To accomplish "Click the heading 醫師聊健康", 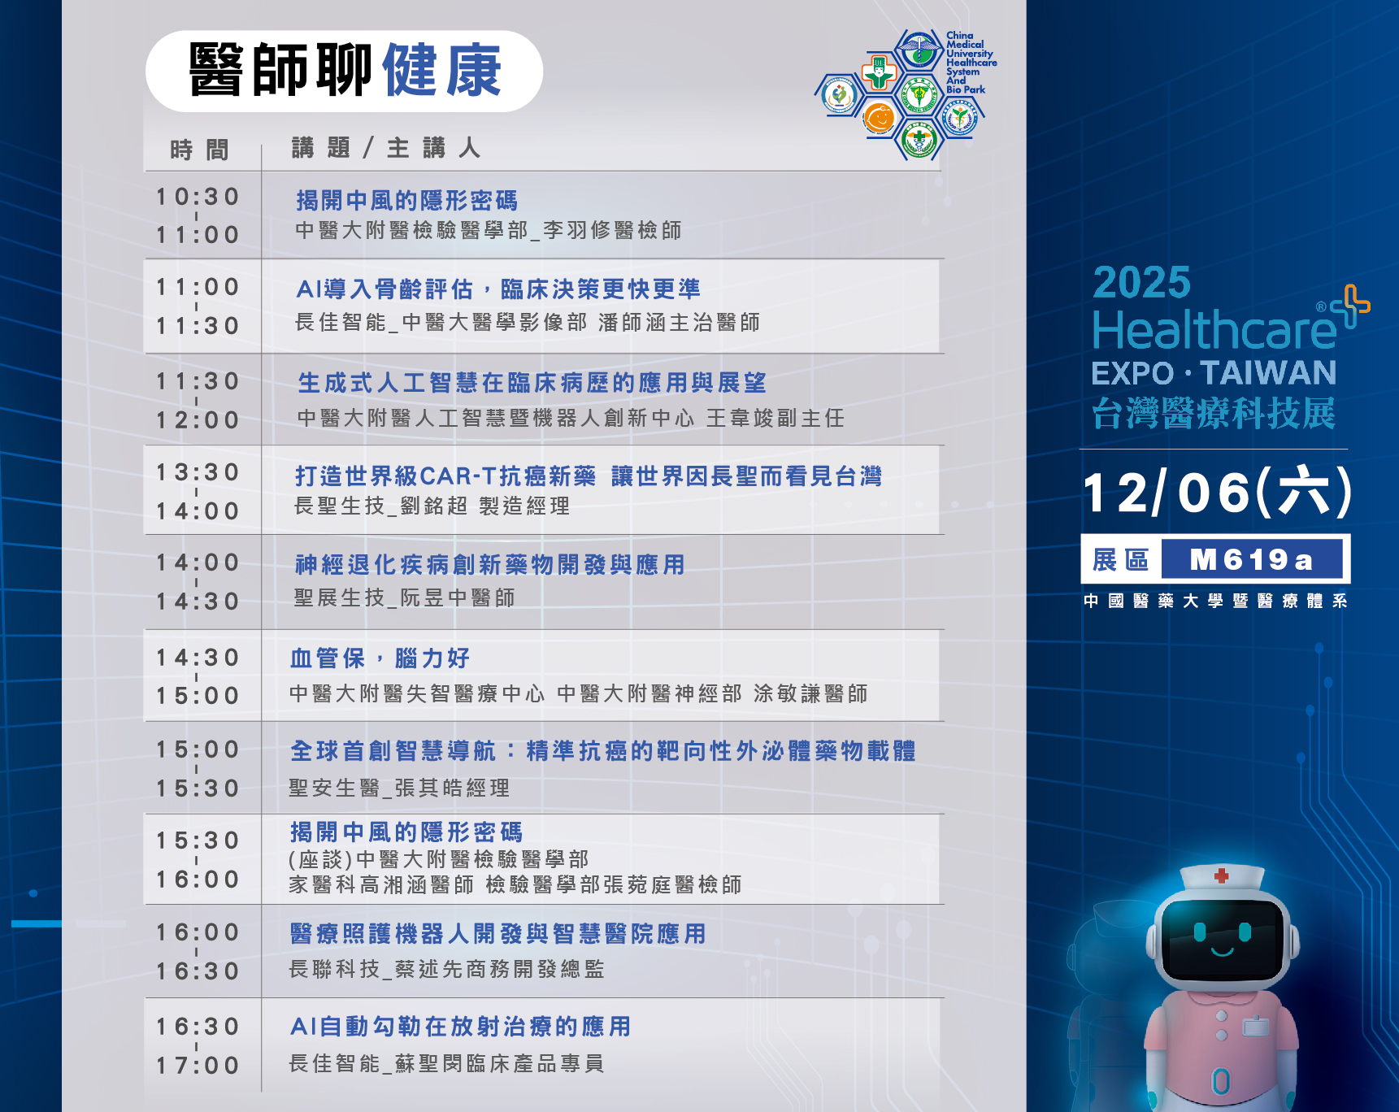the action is click(x=345, y=71).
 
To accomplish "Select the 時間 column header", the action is click(x=199, y=150).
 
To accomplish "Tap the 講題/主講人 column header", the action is click(x=386, y=147).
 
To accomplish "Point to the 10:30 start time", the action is click(x=198, y=197).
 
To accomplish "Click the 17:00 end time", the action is click(x=198, y=1066).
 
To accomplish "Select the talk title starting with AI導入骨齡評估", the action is click(x=498, y=289).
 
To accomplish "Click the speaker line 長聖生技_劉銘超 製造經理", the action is click(x=432, y=506).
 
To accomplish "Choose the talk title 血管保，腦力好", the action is click(x=380, y=658).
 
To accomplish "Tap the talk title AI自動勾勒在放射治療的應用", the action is click(x=460, y=1027).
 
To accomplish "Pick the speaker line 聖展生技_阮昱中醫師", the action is click(x=404, y=597).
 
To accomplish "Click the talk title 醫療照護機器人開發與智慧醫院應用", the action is click(x=497, y=934).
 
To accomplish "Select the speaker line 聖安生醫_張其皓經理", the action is click(x=399, y=788).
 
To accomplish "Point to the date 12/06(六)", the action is click(x=1217, y=492).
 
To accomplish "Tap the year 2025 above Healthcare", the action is click(x=1141, y=283).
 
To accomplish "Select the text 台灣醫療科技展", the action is click(x=1213, y=413).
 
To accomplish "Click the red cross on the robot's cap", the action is click(x=1221, y=875).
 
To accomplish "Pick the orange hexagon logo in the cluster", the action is click(x=878, y=118).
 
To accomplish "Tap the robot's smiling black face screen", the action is click(x=1222, y=940).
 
